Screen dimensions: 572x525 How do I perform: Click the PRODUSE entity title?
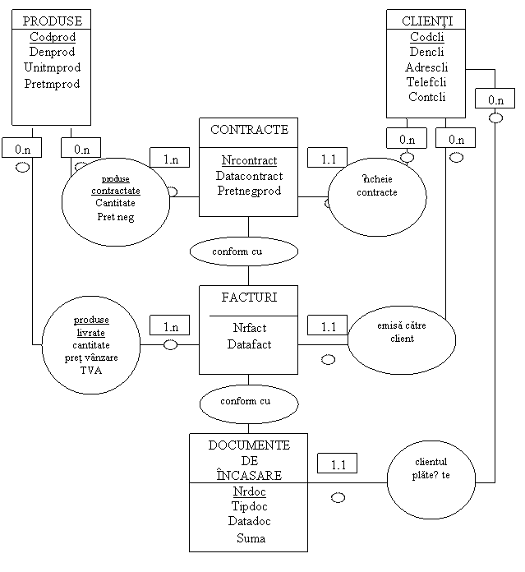click(51, 21)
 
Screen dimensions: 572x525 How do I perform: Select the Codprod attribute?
click(51, 37)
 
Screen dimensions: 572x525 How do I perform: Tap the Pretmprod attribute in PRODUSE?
click(51, 83)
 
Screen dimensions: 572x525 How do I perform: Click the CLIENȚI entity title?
click(426, 21)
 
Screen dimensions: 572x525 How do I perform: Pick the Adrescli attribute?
click(426, 67)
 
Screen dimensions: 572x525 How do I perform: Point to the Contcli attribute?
click(426, 96)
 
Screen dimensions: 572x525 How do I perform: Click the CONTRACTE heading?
click(249, 130)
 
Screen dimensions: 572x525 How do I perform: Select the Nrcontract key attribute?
click(249, 160)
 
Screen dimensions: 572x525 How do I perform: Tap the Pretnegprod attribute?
click(249, 190)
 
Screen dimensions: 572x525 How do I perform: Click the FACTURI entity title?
click(249, 297)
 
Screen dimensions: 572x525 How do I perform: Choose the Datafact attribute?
click(249, 344)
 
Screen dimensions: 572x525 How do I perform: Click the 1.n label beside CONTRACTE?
click(170, 159)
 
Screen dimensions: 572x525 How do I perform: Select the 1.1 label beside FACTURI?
click(328, 326)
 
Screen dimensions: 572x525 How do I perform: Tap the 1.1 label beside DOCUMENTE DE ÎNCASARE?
click(338, 465)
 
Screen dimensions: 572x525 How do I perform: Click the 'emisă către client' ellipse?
click(402, 337)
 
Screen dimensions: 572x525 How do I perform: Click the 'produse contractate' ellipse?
click(115, 201)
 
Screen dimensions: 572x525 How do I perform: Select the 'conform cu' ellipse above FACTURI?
click(243, 251)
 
